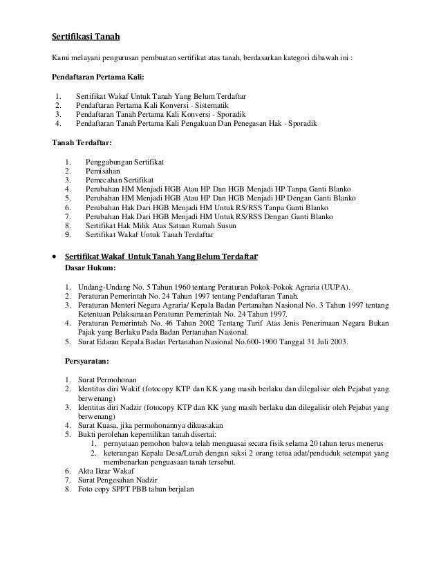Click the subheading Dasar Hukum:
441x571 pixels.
tap(91, 268)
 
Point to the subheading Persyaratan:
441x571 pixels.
tap(88, 360)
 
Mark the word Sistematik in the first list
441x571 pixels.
tap(216, 105)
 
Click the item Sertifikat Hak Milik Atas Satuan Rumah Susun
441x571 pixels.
tap(160, 225)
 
